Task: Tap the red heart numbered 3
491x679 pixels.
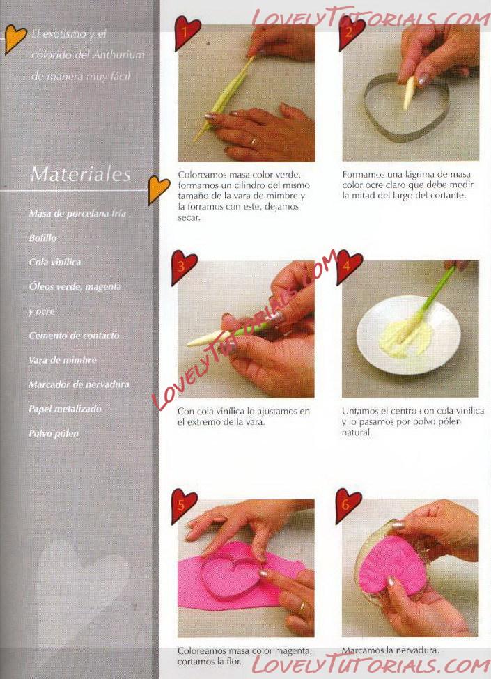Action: pos(184,266)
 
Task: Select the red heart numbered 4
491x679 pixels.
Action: pos(348,265)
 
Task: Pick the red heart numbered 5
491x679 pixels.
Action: pos(184,505)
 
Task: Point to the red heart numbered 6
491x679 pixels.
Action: pos(348,504)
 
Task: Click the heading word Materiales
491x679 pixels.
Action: pos(81,174)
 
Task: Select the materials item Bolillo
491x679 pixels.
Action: pos(43,237)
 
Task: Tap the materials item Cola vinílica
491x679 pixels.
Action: pos(55,262)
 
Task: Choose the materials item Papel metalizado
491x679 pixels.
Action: pos(65,409)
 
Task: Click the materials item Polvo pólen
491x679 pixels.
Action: pos(54,433)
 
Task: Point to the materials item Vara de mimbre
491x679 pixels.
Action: pos(63,360)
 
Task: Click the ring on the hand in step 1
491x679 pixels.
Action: pos(253,141)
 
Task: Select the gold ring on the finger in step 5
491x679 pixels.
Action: pos(303,608)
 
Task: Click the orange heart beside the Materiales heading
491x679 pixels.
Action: pos(158,189)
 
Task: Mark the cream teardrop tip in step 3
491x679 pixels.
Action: pos(188,344)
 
